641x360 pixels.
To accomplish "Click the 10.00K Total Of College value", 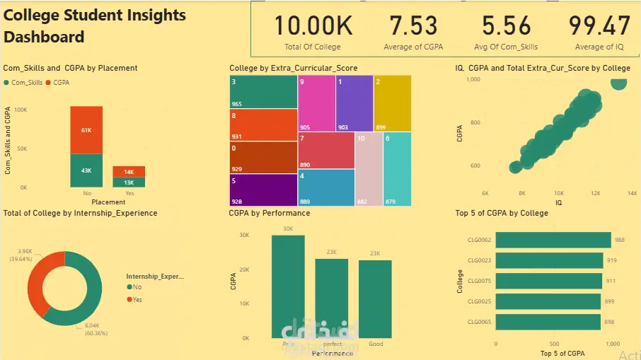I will pyautogui.click(x=313, y=26).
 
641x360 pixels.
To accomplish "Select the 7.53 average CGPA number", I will pyautogui.click(x=414, y=26).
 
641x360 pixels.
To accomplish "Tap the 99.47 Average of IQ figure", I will pyautogui.click(x=599, y=26).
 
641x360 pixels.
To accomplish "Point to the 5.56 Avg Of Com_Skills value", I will pyautogui.click(x=506, y=26).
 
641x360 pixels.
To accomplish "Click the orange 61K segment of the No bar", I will pyautogui.click(x=86, y=130).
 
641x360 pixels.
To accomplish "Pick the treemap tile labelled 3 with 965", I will pyautogui.click(x=262, y=92).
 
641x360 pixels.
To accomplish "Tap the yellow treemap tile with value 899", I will pyautogui.click(x=392, y=103).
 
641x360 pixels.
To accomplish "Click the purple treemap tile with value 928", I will pyautogui.click(x=262, y=190).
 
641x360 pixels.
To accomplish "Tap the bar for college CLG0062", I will pyautogui.click(x=553, y=240).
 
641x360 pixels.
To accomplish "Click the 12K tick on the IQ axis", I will pyautogui.click(x=595, y=193).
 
